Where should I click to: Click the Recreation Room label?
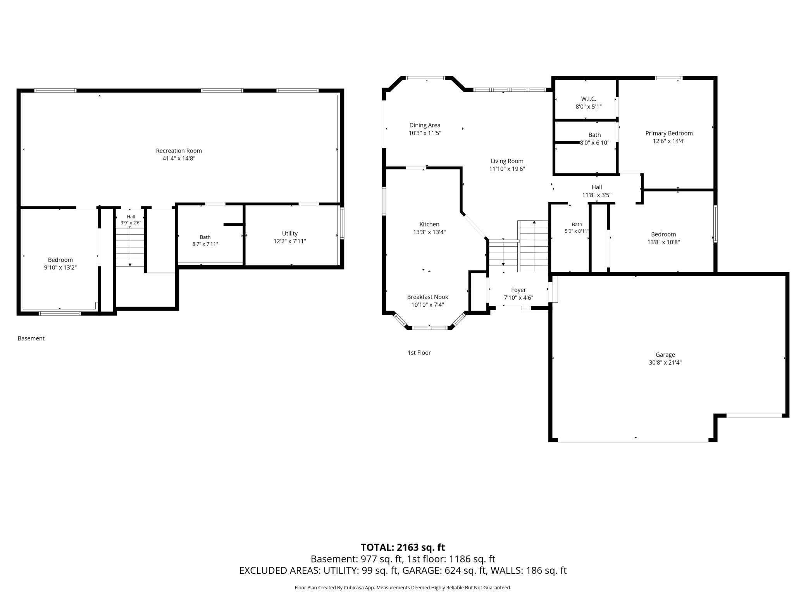179,151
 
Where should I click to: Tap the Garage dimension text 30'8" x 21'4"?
665,362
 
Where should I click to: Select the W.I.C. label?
588,99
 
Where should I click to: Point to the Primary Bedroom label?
669,133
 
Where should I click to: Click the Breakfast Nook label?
427,297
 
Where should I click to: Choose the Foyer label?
518,290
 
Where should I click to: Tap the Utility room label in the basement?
290,233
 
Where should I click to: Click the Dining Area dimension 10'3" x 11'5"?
425,133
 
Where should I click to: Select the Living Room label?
507,161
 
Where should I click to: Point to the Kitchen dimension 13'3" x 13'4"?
429,232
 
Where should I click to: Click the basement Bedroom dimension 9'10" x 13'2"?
60,268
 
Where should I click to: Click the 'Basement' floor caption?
31,338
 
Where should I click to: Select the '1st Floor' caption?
419,353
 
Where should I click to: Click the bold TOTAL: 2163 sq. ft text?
403,547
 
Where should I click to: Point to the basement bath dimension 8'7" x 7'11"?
205,244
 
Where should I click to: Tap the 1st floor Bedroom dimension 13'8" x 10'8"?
663,242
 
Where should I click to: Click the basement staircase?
130,247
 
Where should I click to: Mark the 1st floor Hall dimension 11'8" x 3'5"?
597,195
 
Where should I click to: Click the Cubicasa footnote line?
403,588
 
